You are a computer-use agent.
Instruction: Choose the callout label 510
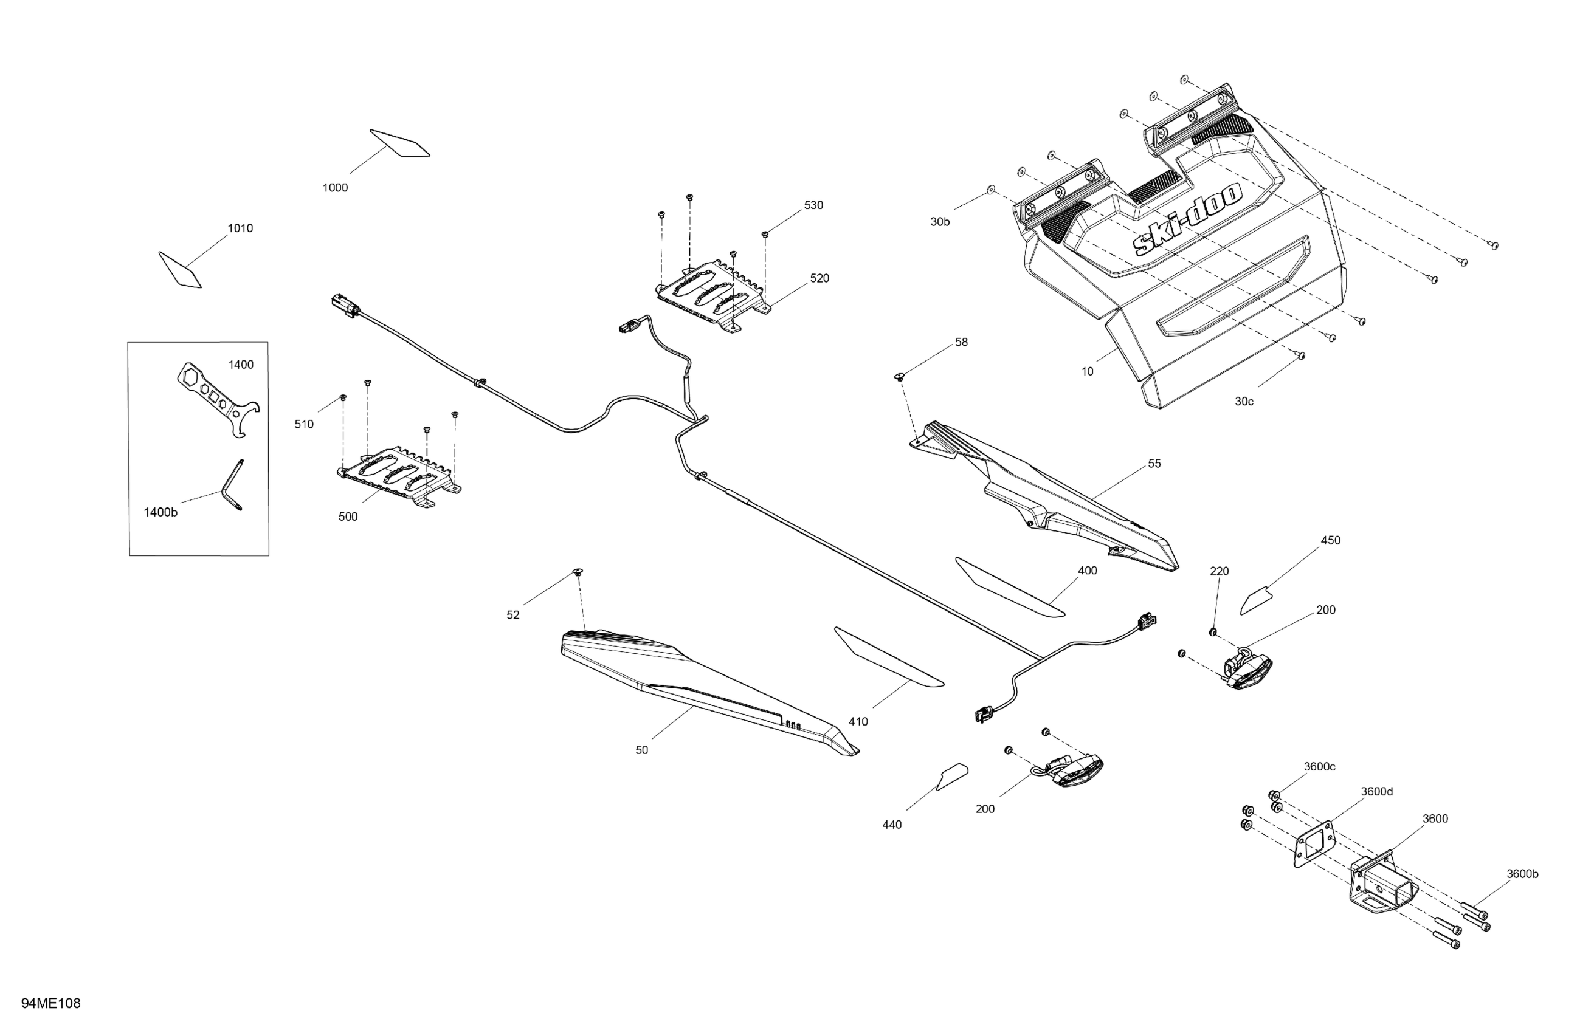pos(304,425)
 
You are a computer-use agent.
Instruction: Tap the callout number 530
pos(813,205)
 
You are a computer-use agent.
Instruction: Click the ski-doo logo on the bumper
pos(1187,218)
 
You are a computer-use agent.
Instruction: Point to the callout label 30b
pos(940,222)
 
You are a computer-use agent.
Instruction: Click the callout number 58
pos(961,342)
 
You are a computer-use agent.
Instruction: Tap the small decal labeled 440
pos(951,778)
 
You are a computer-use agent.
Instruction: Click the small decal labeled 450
pos(1256,600)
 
